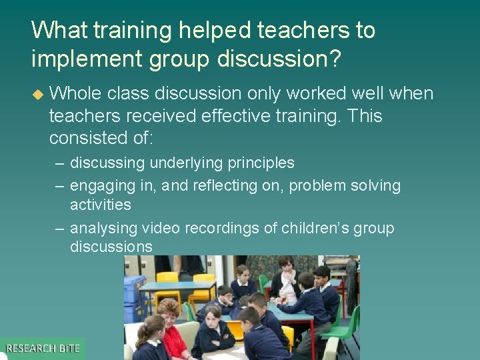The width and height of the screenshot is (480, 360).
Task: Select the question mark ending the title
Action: pos(334,60)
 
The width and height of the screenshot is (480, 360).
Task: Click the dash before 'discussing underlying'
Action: pos(60,163)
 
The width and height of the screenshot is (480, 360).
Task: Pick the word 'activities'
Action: pos(100,204)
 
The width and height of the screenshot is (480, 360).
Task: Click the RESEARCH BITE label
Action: pos(43,349)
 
